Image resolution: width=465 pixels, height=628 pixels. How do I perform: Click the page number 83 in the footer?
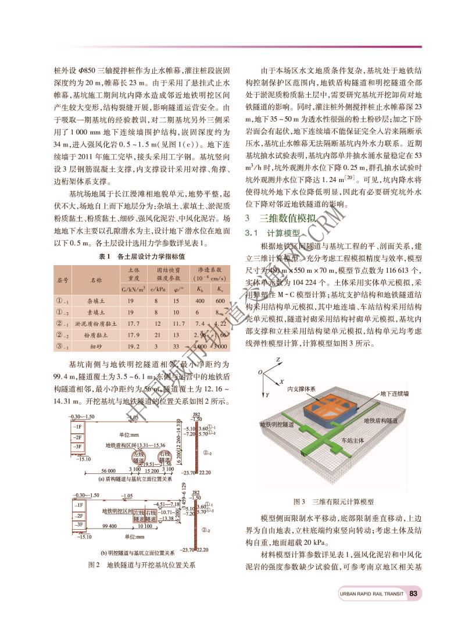[x=414, y=594]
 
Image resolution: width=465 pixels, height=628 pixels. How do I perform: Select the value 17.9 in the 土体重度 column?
[x=133, y=334]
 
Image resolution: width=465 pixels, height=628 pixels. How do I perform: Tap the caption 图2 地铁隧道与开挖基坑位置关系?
[x=141, y=565]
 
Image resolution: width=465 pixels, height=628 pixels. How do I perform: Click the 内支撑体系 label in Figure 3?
[x=302, y=388]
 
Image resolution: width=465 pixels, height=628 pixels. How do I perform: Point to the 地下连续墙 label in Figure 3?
[x=395, y=394]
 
